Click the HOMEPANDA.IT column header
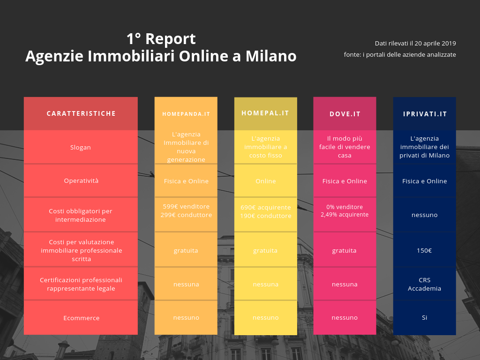click(186, 114)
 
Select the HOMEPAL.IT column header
click(265, 113)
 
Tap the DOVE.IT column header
click(345, 114)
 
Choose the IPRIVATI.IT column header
click(425, 114)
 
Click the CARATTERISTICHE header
click(81, 113)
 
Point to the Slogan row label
click(81, 147)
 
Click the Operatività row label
click(81, 180)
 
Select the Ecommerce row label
click(82, 318)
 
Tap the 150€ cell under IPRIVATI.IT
click(424, 250)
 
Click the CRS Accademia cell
click(425, 284)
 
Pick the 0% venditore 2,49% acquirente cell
click(345, 210)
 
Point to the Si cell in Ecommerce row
click(425, 317)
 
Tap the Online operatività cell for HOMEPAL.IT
click(266, 181)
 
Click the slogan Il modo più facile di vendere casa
click(345, 147)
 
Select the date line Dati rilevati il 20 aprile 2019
click(415, 44)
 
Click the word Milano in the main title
click(271, 56)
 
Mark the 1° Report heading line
click(161, 39)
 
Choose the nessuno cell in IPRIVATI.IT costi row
click(425, 215)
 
